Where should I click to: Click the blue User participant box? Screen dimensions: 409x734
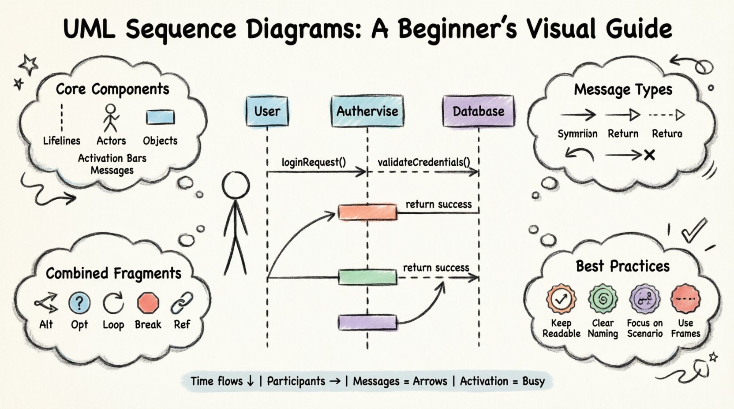tap(267, 111)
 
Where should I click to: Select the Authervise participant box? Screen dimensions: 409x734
tap(367, 111)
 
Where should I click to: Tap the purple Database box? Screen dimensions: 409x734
tap(478, 111)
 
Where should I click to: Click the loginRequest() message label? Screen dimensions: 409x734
tap(314, 162)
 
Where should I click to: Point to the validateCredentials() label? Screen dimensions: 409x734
tap(423, 162)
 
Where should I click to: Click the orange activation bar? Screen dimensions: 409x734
tap(367, 212)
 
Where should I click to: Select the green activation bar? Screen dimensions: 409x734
tap(367, 277)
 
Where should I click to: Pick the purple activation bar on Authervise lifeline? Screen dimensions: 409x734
tap(367, 323)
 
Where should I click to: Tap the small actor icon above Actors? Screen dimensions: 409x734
tap(111, 118)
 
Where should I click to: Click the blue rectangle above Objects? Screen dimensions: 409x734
tap(160, 118)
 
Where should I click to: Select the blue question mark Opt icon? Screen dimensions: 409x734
tap(79, 303)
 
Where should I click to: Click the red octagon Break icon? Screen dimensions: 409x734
tap(148, 303)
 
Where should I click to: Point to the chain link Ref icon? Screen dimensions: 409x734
tap(182, 303)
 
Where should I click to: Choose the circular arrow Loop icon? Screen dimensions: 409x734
tap(113, 303)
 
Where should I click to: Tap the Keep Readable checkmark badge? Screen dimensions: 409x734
tap(561, 299)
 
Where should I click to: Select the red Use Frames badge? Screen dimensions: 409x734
tap(685, 298)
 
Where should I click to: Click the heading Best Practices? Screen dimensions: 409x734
tap(622, 266)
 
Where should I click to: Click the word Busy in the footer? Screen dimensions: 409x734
tap(533, 381)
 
